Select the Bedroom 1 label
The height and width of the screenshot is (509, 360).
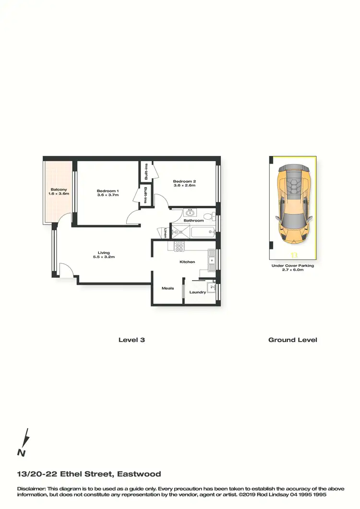tap(108, 191)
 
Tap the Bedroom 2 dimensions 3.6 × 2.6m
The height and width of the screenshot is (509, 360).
tap(184, 185)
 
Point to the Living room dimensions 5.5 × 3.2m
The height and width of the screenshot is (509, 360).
tap(104, 257)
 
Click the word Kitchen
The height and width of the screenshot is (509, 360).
tap(187, 261)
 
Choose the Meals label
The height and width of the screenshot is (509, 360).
tap(168, 288)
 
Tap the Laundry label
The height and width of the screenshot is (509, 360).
tap(197, 292)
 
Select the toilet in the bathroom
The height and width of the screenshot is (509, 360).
tap(208, 216)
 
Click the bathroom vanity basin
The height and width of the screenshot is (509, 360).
tap(188, 212)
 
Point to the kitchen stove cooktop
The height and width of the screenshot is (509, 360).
tap(179, 247)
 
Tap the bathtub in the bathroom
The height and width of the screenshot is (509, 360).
tap(202, 233)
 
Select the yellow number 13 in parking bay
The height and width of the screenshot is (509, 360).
tap(294, 255)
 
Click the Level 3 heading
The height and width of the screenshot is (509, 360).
tap(132, 340)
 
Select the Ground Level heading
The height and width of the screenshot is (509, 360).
tap(292, 340)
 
